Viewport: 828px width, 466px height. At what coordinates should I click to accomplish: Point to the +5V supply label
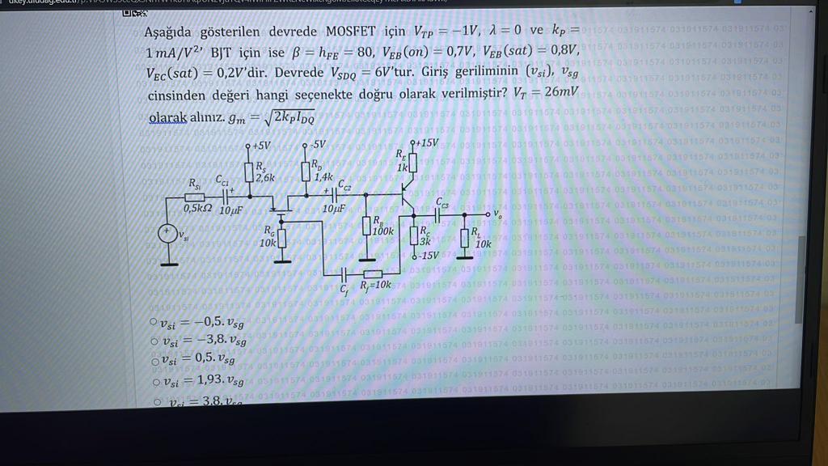click(x=259, y=146)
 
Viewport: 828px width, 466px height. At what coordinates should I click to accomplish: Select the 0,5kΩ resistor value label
click(x=197, y=209)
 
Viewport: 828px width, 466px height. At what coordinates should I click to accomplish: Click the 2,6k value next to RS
click(x=265, y=177)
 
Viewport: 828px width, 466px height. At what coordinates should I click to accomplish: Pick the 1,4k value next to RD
click(x=323, y=176)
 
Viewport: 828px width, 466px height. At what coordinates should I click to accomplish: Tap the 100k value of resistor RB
click(x=383, y=231)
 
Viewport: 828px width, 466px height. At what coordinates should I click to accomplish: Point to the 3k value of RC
click(x=425, y=241)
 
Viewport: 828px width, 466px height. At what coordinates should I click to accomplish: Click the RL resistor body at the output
click(x=465, y=238)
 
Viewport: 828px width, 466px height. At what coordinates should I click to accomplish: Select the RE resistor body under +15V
click(x=412, y=163)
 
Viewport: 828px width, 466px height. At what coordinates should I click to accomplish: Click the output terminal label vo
click(x=497, y=214)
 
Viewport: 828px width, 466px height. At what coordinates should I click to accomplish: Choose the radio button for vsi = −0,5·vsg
click(x=154, y=321)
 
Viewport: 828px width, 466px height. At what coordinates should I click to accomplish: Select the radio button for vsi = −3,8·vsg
click(x=154, y=341)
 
